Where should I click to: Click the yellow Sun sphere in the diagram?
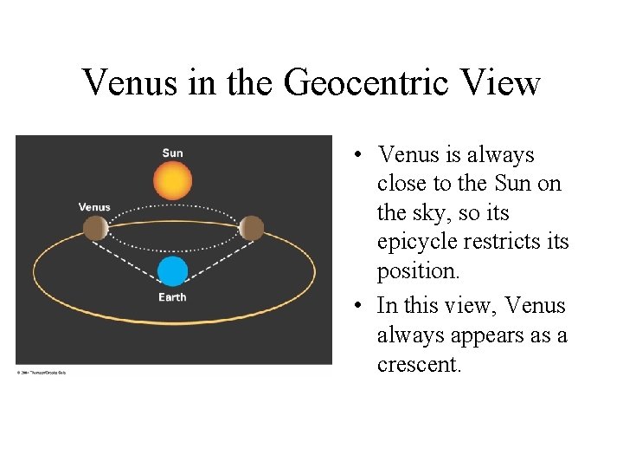tap(172, 181)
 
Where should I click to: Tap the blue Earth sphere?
tap(172, 271)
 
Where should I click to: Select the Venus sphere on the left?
tap(95, 228)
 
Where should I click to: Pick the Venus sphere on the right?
tap(251, 228)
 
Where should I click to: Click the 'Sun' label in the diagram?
tap(172, 153)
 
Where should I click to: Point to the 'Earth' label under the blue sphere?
tap(172, 297)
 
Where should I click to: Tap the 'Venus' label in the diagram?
tap(94, 207)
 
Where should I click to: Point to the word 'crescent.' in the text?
tap(420, 365)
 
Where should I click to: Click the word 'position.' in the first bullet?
tap(419, 271)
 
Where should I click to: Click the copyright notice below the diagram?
tap(41, 373)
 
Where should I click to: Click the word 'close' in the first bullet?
tap(406, 184)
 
